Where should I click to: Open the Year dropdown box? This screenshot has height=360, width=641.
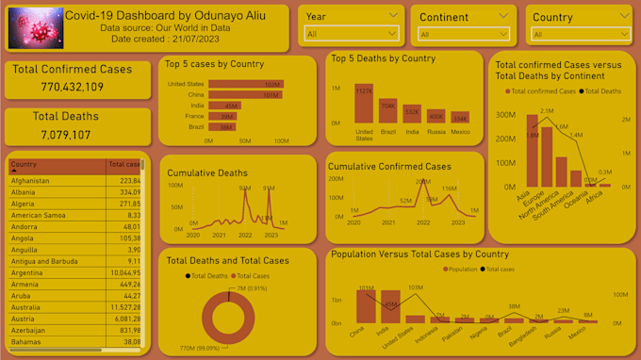pos(352,34)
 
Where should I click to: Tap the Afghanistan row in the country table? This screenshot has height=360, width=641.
pos(38,180)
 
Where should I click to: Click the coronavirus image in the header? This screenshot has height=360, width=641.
pos(35,27)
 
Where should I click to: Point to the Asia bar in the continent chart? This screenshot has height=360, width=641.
pos(532,151)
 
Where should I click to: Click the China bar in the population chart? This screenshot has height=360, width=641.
pos(365,306)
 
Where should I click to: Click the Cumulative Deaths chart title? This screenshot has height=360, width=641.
pos(207,172)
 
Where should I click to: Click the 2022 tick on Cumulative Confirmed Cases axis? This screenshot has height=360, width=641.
pos(423,222)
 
